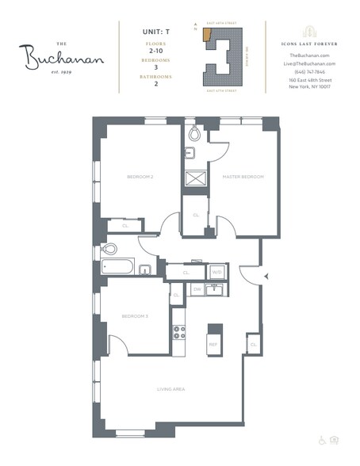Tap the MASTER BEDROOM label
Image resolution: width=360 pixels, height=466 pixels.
pos(242,177)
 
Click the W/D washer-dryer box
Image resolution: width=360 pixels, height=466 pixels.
pos(216,272)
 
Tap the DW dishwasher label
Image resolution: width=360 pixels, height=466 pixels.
pos(197,289)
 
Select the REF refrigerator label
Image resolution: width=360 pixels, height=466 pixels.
pos(213,344)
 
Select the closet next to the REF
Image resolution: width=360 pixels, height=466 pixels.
pos(253,345)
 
